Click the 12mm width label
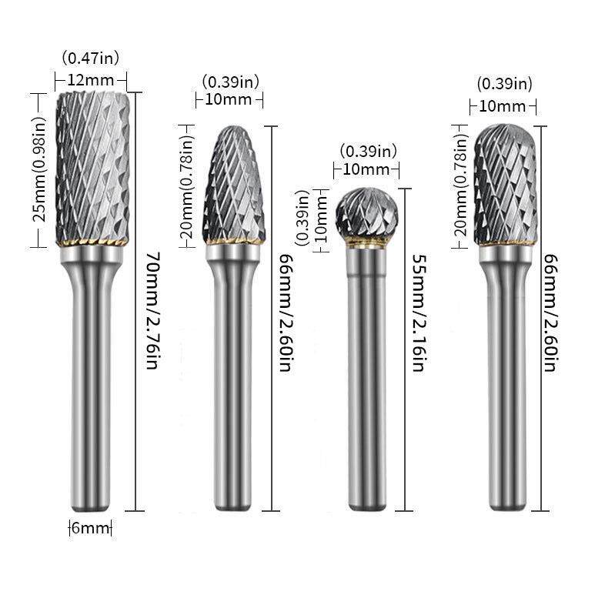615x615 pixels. pos(91,80)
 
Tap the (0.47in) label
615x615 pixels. pos(91,58)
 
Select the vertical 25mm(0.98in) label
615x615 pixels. pos(44,169)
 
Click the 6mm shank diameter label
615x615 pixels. pos(90,527)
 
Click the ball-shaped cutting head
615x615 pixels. pos(366,214)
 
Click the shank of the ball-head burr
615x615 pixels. pos(366,385)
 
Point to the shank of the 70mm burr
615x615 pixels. pos(91,385)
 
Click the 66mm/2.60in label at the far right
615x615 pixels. pos(550,313)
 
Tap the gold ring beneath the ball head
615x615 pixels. pos(366,244)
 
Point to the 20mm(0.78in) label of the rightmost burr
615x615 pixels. pos(461,185)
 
